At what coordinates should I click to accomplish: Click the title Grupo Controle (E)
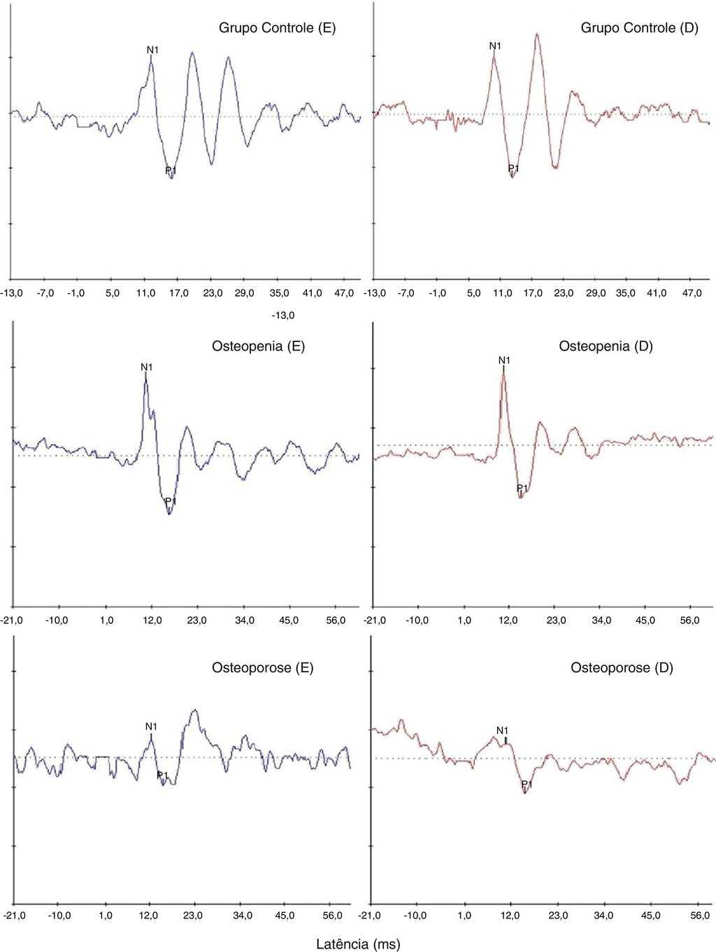278,29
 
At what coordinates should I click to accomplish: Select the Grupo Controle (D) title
639,29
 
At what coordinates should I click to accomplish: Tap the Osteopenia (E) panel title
258,346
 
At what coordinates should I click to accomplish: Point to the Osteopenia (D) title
606,346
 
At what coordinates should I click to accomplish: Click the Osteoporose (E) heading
262,668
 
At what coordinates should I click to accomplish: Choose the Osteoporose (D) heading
622,668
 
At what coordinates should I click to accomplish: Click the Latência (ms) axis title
359,944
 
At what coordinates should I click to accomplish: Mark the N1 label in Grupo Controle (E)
152,50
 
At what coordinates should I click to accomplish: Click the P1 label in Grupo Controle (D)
513,169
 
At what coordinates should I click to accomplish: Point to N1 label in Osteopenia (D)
504,360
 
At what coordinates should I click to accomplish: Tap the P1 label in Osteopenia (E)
170,502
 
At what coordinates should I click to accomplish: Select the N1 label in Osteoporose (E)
151,727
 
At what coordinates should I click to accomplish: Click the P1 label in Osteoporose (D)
527,786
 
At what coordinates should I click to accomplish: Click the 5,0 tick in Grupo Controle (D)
473,294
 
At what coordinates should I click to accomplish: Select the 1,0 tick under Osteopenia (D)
464,620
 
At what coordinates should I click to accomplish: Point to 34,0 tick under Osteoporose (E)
242,915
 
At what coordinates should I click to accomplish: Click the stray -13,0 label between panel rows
283,316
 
